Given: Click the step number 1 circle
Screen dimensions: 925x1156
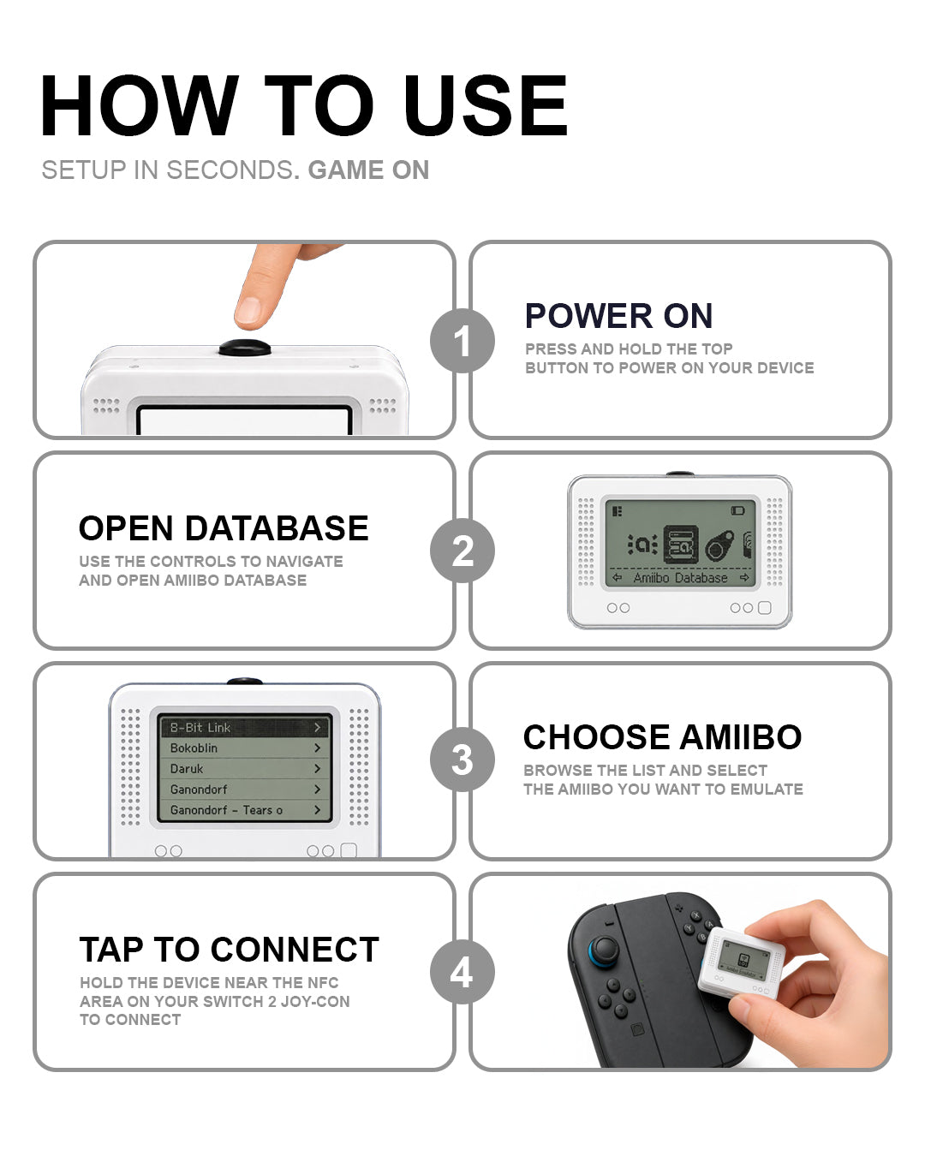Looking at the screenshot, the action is point(462,341).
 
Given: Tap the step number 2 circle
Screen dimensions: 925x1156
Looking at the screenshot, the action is point(462,550).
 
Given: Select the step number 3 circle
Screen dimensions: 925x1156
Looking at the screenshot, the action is point(462,760).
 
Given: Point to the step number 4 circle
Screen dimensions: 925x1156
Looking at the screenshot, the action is point(462,972).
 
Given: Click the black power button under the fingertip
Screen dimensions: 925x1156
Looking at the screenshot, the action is point(245,348).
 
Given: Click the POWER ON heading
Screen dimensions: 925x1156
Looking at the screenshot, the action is point(618,315).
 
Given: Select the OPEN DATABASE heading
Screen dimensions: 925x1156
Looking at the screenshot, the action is point(224,528).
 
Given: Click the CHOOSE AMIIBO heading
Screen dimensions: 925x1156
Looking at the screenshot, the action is point(662,736).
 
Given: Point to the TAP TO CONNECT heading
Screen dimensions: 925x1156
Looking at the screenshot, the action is point(229,949).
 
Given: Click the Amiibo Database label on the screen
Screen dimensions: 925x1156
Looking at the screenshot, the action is point(680,578).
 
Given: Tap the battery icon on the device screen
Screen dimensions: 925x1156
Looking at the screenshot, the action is point(737,510).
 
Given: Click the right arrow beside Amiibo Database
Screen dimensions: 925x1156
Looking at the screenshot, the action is point(744,578).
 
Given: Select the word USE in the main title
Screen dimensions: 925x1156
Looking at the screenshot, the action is point(486,106).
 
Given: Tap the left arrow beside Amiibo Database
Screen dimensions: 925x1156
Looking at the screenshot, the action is point(617,578).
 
